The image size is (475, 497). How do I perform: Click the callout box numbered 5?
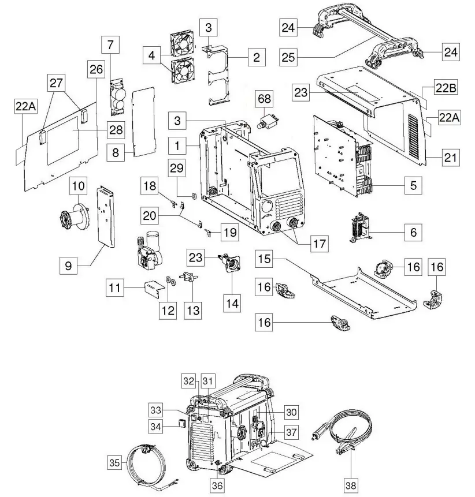point(413,186)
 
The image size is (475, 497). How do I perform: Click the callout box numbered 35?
point(118,463)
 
